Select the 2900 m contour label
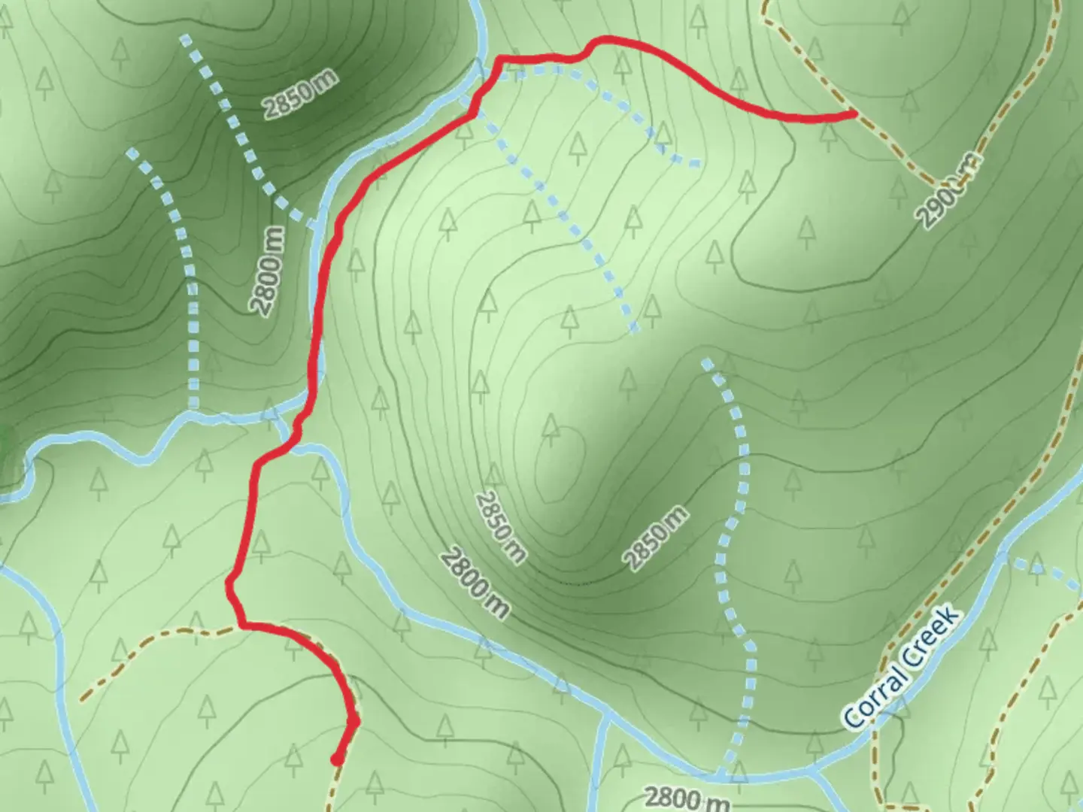pyautogui.click(x=950, y=191)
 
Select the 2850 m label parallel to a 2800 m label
pyautogui.click(x=500, y=528)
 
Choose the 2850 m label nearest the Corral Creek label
pyautogui.click(x=655, y=538)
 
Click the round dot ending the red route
pyautogui.click(x=338, y=759)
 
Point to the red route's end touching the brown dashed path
pyautogui.click(x=854, y=114)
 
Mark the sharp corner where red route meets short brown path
pyautogui.click(x=241, y=625)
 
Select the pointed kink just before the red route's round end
pyautogui.click(x=354, y=722)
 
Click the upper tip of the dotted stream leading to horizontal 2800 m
pyautogui.click(x=705, y=363)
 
